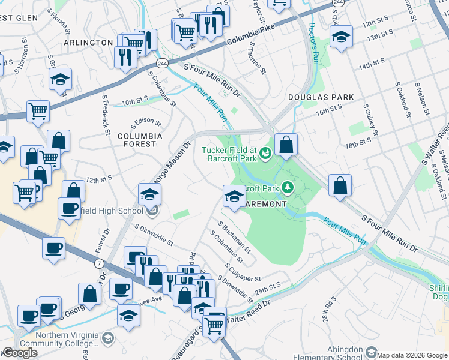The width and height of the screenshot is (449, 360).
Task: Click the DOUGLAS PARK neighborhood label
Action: (x=329, y=97)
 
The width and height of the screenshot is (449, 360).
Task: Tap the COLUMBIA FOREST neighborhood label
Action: (x=140, y=140)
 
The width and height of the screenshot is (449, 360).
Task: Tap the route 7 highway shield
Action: (x=97, y=263)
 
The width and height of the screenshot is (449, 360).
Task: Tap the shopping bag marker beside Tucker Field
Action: (x=286, y=145)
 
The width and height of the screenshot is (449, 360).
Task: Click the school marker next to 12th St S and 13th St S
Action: (x=341, y=37)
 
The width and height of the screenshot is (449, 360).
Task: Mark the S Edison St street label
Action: (x=147, y=122)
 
